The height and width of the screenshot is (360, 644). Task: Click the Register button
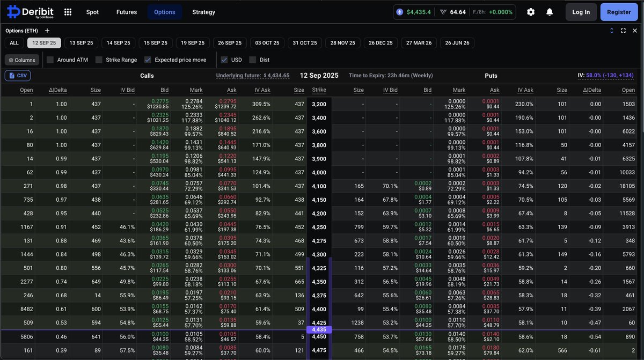point(619,12)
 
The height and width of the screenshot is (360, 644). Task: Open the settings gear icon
point(531,12)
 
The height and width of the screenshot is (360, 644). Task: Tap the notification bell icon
point(550,12)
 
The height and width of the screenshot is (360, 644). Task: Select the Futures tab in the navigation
point(127,12)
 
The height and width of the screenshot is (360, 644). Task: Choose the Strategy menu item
point(203,12)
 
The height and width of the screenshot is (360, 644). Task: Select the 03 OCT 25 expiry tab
point(267,43)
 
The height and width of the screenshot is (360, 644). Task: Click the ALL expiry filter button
point(14,43)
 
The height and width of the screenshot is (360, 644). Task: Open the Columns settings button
point(22,60)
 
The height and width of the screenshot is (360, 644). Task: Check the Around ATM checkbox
point(50,60)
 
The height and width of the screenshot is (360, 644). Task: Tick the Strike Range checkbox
point(99,60)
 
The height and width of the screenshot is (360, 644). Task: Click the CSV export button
point(18,76)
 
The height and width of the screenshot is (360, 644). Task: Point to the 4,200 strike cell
point(319,214)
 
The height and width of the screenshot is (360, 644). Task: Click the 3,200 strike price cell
point(319,104)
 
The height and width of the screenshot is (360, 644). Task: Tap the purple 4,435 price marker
point(319,330)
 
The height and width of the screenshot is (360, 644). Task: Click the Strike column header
point(319,90)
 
